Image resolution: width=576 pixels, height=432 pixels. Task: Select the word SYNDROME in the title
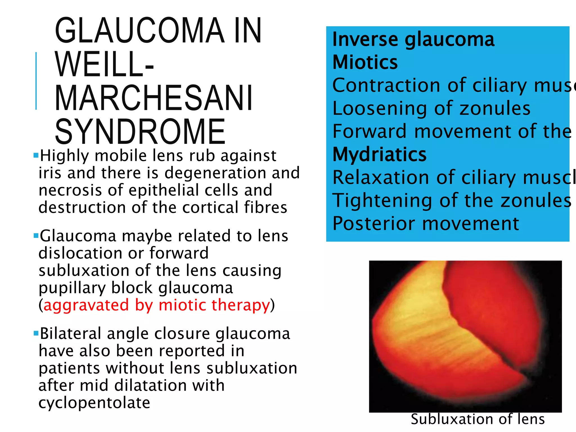click(x=140, y=132)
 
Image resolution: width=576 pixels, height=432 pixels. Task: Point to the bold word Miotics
click(x=365, y=62)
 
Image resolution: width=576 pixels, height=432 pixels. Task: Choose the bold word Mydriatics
click(x=379, y=154)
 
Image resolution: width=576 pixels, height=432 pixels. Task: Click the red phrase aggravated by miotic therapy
click(x=157, y=305)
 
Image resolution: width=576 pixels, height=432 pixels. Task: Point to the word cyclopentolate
click(x=94, y=402)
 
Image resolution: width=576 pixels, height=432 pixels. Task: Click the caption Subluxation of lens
click(x=478, y=419)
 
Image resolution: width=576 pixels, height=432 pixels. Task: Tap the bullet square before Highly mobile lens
click(x=36, y=155)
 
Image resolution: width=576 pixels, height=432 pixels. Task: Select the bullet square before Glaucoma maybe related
click(x=36, y=235)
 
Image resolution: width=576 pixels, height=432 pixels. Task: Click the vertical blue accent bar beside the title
click(x=36, y=81)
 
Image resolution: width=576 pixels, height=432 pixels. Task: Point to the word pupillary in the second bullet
click(x=72, y=288)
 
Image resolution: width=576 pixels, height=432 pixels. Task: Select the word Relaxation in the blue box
click(x=380, y=178)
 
